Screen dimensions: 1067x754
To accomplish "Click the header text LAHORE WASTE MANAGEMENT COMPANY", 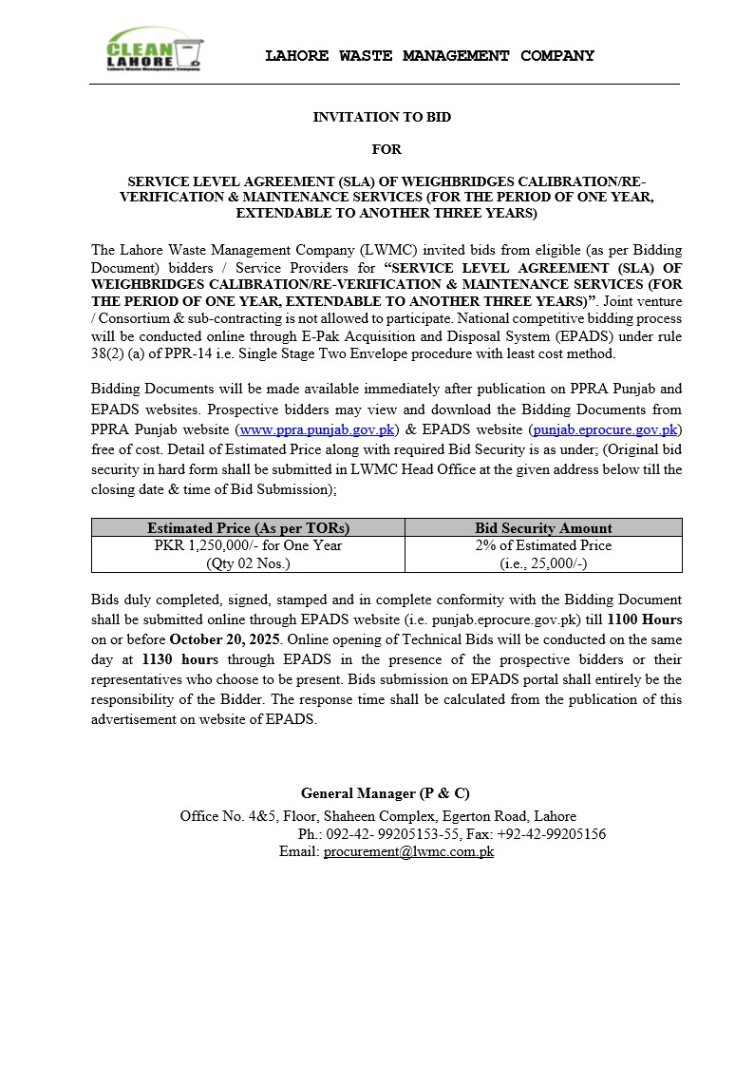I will (x=429, y=56).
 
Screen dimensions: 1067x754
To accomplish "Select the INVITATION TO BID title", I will (x=382, y=117).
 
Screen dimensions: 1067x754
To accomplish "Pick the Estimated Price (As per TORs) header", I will (x=248, y=527).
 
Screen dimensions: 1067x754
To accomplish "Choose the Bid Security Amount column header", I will (x=543, y=527).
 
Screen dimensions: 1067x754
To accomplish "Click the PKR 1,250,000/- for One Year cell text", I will (x=248, y=545).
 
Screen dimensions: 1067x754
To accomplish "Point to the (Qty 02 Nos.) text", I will (x=248, y=563).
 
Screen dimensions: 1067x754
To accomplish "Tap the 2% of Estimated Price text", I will (x=543, y=545).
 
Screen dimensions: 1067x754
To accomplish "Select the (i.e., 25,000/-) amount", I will (x=543, y=563).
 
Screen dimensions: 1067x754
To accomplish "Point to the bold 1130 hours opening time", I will (x=179, y=659).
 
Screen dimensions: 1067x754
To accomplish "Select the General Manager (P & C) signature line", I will (x=386, y=793).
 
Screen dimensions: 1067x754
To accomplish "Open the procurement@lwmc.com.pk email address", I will (x=408, y=852).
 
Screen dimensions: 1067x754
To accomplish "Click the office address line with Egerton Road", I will (x=378, y=816).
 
